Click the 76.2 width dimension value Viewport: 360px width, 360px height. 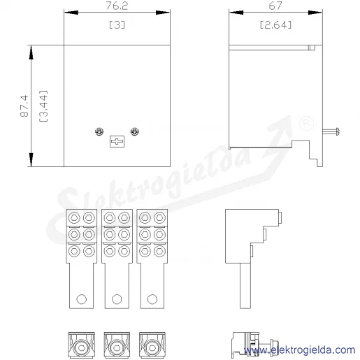coord(117,6)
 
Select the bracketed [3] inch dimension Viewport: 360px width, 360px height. coord(117,24)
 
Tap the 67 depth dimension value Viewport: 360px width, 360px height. coord(275,6)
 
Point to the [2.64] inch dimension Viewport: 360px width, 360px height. coord(275,24)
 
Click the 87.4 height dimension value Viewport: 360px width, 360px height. coord(24,106)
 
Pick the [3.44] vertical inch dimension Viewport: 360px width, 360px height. coord(43,106)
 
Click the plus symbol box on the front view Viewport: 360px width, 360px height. coord(117,141)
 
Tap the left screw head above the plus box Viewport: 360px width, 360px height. coord(99,131)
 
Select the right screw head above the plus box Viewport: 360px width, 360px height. coord(135,131)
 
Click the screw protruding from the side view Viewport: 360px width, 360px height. coord(331,131)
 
